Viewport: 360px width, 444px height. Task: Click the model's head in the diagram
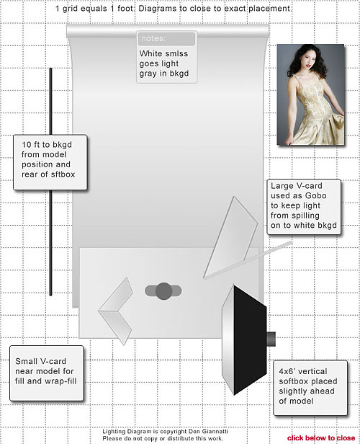tap(163, 290)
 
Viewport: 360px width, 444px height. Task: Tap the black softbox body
tap(249, 339)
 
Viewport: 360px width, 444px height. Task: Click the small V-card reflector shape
tap(116, 311)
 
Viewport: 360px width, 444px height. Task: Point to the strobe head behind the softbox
tap(271, 339)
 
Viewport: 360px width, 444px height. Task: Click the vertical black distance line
tap(51, 182)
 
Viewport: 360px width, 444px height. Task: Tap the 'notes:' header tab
tap(166, 38)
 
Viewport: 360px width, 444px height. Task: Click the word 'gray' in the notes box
tap(148, 74)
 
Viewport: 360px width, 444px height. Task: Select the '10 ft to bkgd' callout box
tap(50, 162)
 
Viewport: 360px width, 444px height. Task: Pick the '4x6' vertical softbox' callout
tap(310, 388)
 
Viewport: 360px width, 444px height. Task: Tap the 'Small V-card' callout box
tap(47, 373)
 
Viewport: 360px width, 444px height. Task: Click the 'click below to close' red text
tap(321, 438)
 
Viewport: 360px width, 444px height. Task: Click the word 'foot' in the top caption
tap(125, 9)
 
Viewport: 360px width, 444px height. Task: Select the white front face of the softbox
tap(228, 339)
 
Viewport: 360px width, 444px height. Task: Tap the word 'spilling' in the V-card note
tap(306, 216)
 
